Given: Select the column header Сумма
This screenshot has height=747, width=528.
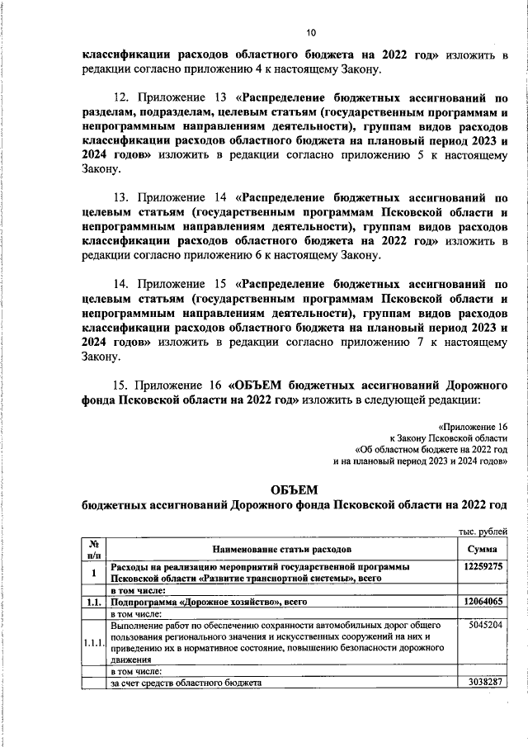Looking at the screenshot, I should click(x=481, y=548).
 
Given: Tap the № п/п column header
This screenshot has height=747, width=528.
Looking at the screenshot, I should click(x=94, y=548).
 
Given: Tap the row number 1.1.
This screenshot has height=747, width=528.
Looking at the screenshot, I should click(x=94, y=603).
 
